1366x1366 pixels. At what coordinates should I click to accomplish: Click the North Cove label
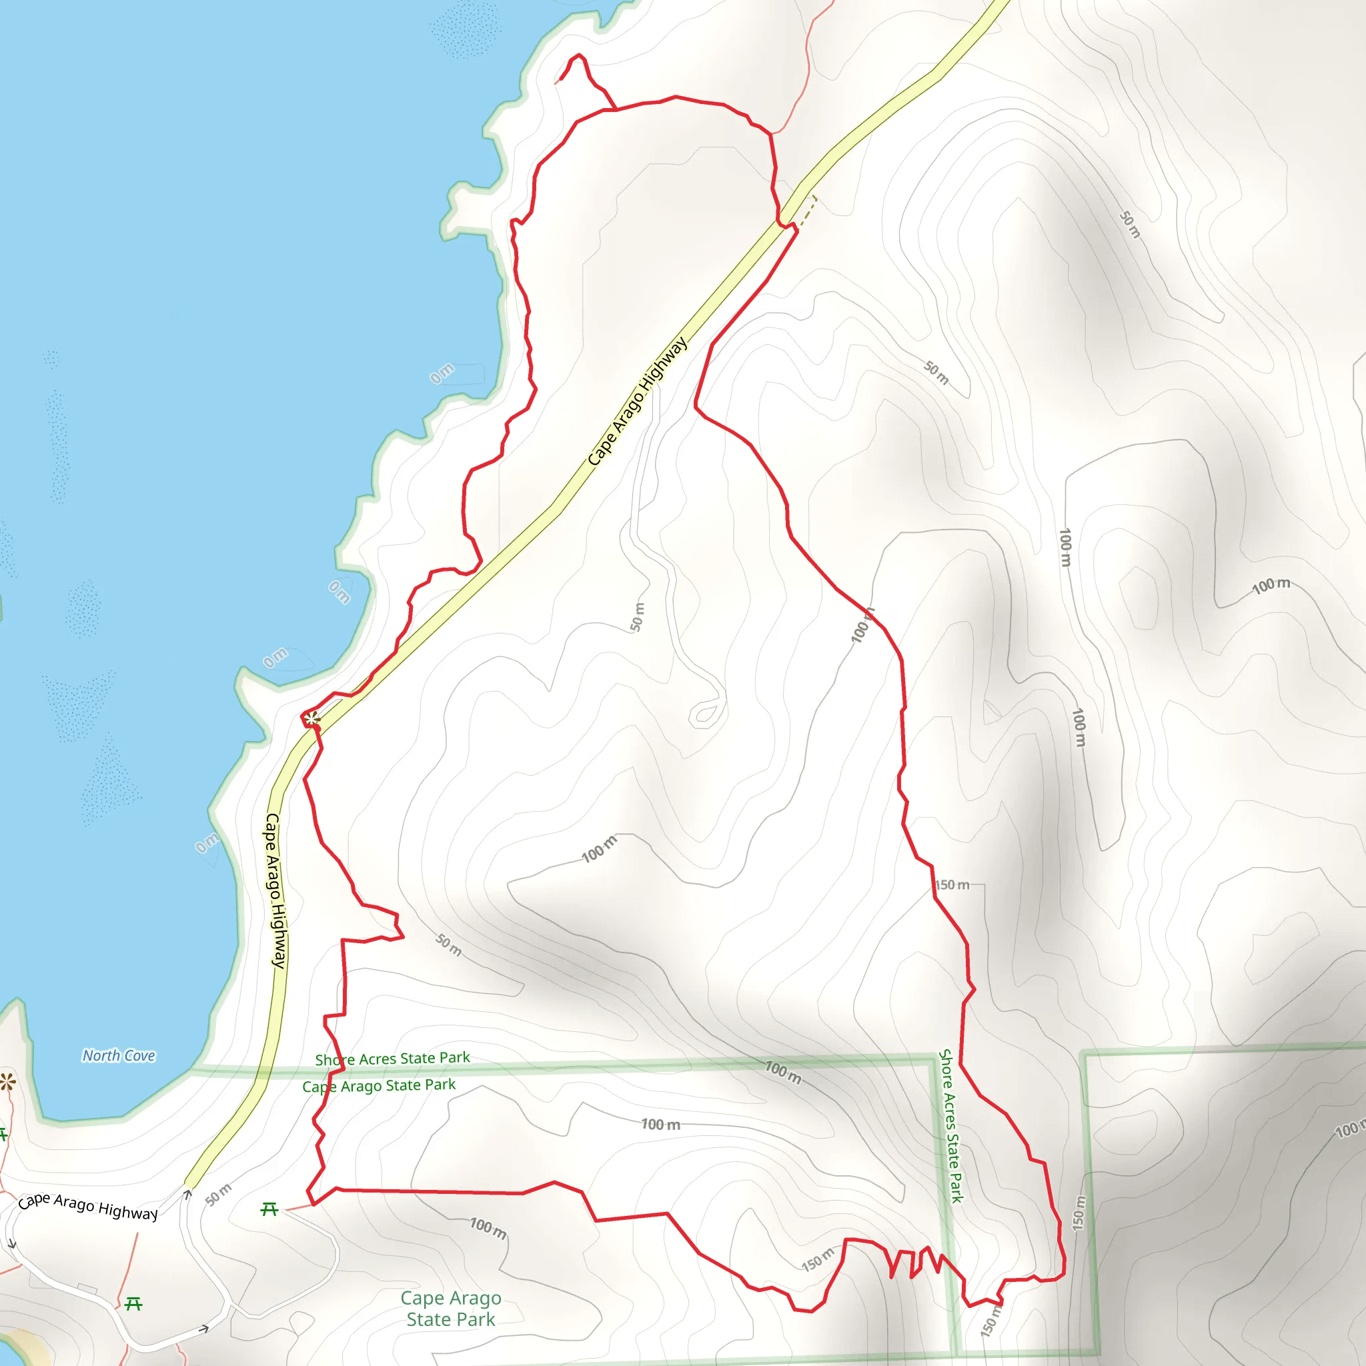tap(119, 1056)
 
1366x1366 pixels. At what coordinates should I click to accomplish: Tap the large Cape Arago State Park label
tap(451, 1309)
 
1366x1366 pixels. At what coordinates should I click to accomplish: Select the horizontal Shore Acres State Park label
tap(392, 1059)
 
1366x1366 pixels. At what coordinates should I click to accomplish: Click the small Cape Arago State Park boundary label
tap(379, 1085)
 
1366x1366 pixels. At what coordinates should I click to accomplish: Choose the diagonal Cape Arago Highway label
tap(637, 402)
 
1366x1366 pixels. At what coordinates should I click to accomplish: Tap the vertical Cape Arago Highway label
tap(275, 890)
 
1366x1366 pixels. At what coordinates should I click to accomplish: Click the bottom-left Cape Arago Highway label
tap(87, 1206)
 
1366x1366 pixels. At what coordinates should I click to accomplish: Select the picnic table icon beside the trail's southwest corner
tap(269, 1209)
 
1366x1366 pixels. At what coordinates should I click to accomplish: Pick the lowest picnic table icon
tap(133, 1303)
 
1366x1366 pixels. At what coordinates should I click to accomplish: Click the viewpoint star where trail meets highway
tap(311, 719)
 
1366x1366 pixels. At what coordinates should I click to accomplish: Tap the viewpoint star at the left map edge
tap(7, 1082)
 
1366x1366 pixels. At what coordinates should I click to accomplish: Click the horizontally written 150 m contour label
tap(952, 885)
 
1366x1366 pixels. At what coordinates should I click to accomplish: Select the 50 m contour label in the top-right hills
tap(1131, 224)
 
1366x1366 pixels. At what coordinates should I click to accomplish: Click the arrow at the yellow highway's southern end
tap(188, 1194)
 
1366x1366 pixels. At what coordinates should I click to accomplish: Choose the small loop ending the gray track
tap(706, 714)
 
